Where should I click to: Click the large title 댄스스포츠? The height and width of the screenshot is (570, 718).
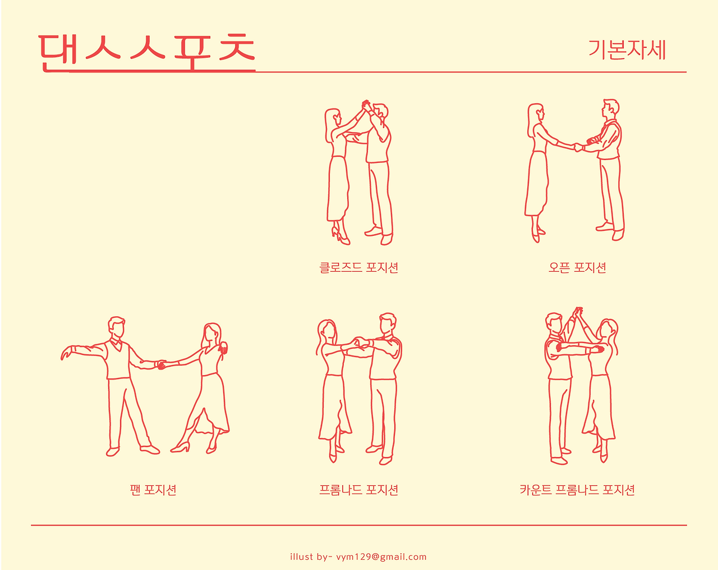pos(147,53)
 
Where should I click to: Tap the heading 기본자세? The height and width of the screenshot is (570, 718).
pos(627,50)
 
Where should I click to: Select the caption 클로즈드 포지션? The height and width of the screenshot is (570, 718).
pos(358,268)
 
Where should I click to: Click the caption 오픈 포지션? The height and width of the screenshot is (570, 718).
pos(577,268)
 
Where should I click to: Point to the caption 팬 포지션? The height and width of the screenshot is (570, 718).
pos(153,490)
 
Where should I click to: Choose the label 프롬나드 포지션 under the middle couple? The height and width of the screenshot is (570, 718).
pos(358,490)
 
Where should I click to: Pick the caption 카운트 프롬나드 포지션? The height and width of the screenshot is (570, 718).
pos(577,490)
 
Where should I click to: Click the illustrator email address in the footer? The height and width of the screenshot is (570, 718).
pos(381,557)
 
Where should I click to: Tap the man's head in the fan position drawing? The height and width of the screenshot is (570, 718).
pos(117,327)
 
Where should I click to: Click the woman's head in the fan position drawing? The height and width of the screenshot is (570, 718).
pos(212,334)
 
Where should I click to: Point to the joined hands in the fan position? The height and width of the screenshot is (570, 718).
pos(162,364)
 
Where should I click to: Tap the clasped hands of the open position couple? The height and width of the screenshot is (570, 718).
pos(578,147)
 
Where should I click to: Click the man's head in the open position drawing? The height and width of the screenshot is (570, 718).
pos(611,108)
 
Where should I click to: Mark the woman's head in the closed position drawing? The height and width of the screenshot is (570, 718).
pos(332,117)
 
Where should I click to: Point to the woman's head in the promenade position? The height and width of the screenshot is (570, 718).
pos(327,330)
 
